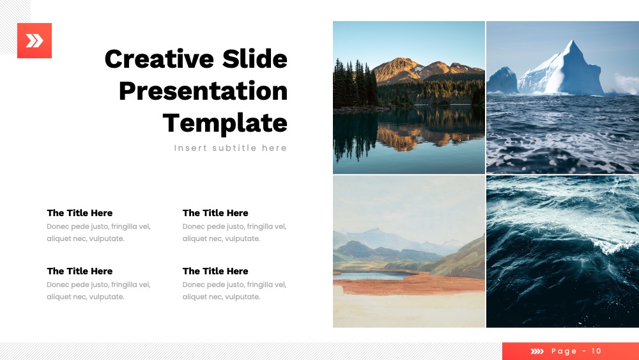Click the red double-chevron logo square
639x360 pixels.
[35, 40]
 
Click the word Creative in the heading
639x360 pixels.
[159, 59]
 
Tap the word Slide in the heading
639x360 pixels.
[255, 59]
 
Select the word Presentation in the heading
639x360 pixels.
[203, 91]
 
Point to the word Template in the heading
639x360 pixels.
[225, 123]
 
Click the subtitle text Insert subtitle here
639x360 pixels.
[231, 148]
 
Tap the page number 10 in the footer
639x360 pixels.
[596, 351]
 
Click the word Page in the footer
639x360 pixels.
[564, 351]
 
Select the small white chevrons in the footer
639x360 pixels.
[537, 351]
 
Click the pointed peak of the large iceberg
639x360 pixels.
[573, 41]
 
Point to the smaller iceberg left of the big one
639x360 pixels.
[502, 80]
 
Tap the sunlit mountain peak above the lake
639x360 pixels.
[399, 61]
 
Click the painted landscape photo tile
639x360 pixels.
[409, 251]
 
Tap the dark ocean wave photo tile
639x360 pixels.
[562, 251]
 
